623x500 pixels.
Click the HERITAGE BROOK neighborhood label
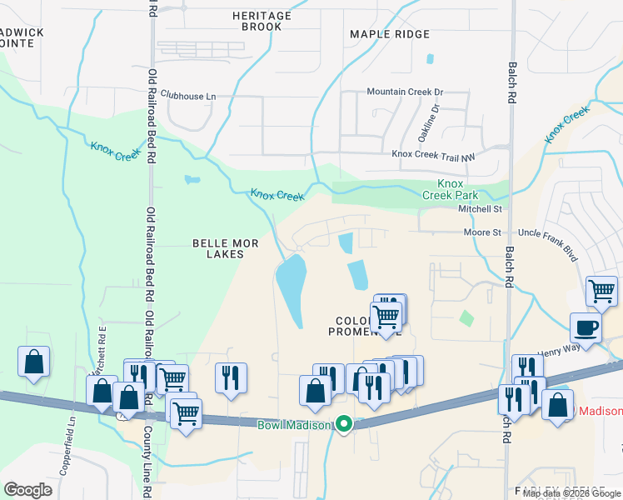click(262, 22)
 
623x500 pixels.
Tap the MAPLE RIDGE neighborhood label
click(390, 34)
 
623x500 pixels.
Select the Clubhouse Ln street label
click(188, 97)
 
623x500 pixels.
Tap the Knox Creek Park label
click(450, 188)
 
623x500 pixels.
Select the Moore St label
click(482, 233)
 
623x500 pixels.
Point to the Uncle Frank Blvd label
click(548, 233)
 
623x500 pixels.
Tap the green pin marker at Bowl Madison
click(343, 425)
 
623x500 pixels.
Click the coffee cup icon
click(586, 327)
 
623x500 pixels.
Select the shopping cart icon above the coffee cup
click(601, 291)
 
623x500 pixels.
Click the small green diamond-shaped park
click(466, 317)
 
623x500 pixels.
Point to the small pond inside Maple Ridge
click(430, 59)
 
